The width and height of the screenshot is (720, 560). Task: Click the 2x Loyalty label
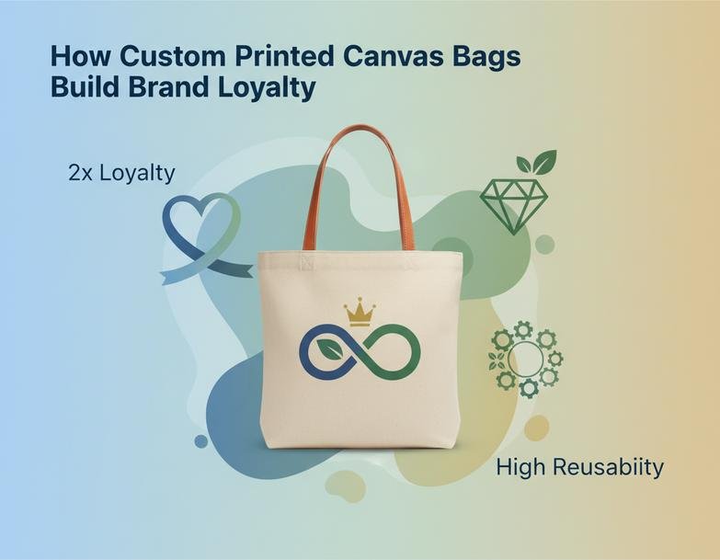[120, 172]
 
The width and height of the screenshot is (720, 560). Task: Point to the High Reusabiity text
[579, 467]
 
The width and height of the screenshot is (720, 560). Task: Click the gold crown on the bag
[360, 312]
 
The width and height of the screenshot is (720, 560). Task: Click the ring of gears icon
[525, 358]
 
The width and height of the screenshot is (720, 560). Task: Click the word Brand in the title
[168, 87]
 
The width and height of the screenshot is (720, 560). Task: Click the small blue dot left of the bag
[201, 441]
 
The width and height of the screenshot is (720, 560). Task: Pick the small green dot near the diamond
[544, 244]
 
